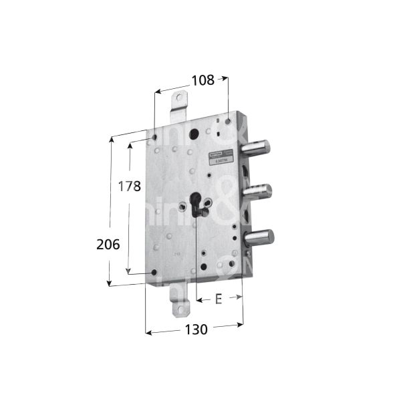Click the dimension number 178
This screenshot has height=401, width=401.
(x=129, y=186)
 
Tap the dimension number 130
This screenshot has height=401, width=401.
(x=196, y=329)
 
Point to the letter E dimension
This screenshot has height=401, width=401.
(x=218, y=299)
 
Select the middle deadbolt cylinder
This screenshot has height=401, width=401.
(x=257, y=191)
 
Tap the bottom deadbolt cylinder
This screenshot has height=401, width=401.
(x=261, y=237)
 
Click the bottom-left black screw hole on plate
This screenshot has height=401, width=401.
(x=154, y=273)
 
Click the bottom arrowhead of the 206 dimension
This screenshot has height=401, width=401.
(x=110, y=283)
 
